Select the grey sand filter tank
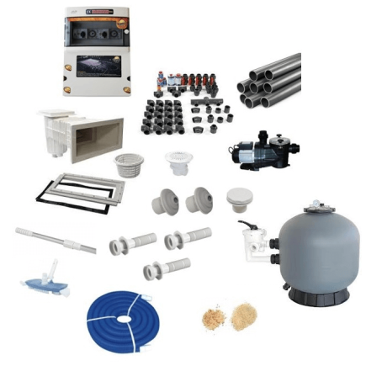(x=316, y=249)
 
